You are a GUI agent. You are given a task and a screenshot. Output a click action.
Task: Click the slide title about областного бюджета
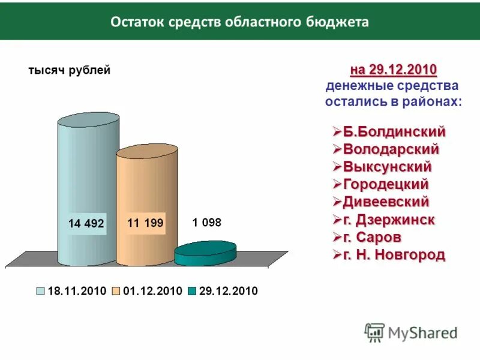[239, 22]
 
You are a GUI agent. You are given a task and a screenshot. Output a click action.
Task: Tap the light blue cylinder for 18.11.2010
[87, 180]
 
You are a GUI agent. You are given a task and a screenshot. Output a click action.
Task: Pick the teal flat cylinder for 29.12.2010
[205, 254]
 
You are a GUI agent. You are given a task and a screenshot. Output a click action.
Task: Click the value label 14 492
[86, 224]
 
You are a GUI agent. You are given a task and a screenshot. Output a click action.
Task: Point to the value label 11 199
[145, 223]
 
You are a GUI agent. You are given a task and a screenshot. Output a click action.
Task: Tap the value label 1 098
[207, 223]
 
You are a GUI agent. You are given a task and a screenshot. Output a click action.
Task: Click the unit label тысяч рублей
[70, 71]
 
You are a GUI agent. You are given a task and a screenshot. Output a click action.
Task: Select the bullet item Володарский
[391, 148]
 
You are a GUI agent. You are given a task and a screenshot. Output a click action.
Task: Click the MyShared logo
[411, 332]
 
